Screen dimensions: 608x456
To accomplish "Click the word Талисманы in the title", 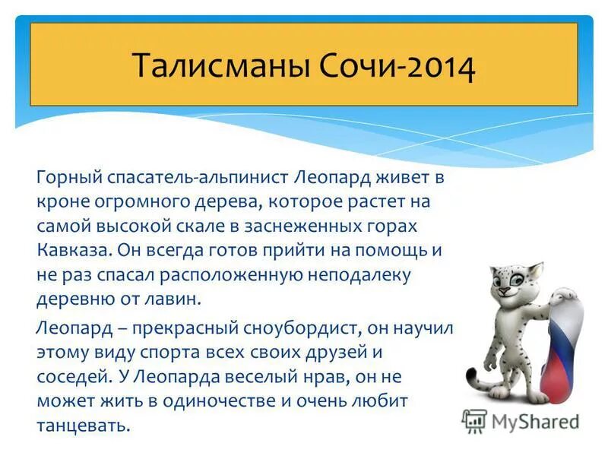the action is [x=222, y=65].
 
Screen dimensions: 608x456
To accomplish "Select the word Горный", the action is [x=70, y=179].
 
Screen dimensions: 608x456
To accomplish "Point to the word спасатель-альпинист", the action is [x=198, y=179].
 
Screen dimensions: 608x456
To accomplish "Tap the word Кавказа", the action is [x=74, y=250].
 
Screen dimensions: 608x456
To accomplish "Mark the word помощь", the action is [x=391, y=251].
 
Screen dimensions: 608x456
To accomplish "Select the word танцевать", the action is [x=83, y=426].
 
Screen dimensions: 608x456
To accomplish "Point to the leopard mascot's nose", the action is [x=503, y=290].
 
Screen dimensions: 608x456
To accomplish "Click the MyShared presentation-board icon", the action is [x=474, y=421].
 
